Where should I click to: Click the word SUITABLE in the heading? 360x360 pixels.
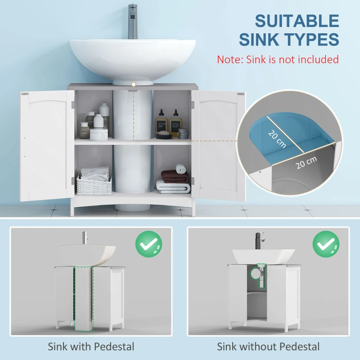click(297, 21)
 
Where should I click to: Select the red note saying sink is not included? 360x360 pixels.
click(278, 59)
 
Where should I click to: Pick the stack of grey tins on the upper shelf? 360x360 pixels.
click(183, 133)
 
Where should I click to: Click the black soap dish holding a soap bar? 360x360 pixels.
click(163, 134)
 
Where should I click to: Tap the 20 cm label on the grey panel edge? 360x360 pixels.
click(306, 162)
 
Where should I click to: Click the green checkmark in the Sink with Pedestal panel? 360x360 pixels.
click(148, 244)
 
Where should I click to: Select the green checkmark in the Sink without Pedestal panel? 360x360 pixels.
click(326, 244)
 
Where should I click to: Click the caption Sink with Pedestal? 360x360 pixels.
click(91, 347)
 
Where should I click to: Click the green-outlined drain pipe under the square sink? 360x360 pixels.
click(261, 275)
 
